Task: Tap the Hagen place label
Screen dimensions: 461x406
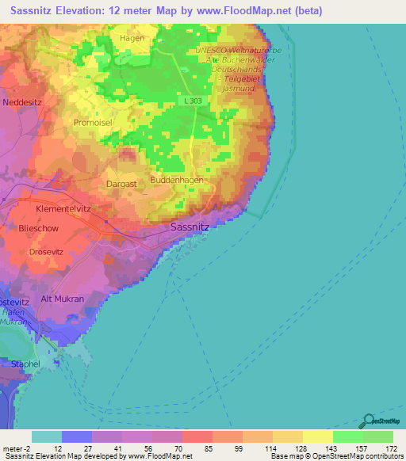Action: tap(132, 37)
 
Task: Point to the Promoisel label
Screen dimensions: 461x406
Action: tap(94, 124)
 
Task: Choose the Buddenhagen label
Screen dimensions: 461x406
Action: tap(177, 181)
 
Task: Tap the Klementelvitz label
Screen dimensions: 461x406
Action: tap(64, 208)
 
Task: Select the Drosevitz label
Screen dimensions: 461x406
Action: tap(46, 252)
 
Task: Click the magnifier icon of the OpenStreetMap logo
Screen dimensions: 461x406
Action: tap(368, 420)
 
